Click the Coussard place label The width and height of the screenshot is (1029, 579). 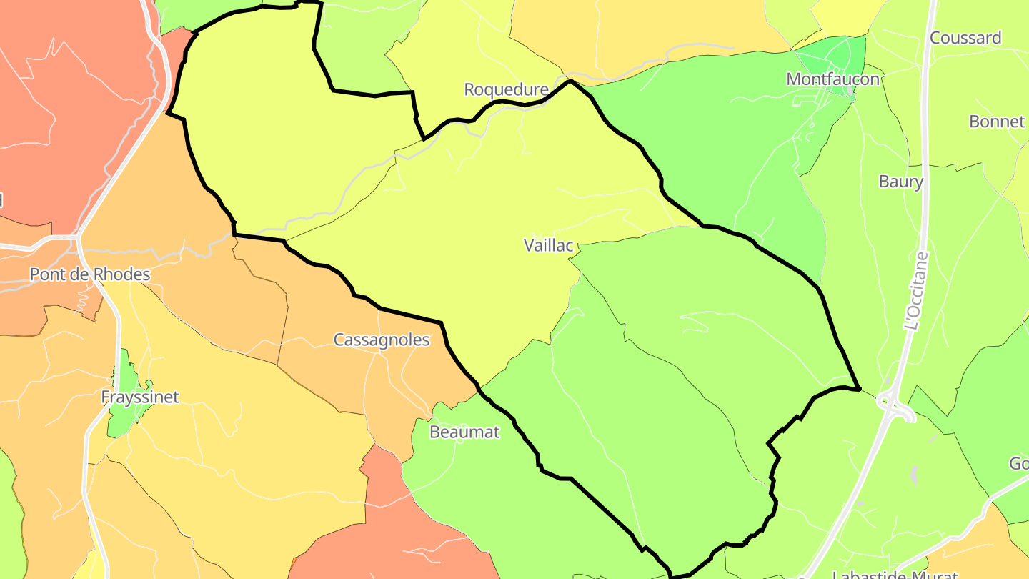click(965, 38)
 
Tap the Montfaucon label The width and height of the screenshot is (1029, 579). click(832, 79)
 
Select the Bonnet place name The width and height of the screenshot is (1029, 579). click(997, 122)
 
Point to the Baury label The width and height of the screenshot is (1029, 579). click(900, 182)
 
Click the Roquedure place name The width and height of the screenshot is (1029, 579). click(506, 89)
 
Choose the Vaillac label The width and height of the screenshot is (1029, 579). click(548, 246)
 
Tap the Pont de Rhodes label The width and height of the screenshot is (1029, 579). click(90, 274)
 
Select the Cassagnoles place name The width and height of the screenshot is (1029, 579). click(382, 340)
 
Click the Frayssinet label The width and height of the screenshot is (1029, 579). click(139, 397)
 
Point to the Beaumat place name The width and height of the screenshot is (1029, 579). click(464, 432)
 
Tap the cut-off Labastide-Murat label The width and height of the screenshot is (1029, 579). click(895, 574)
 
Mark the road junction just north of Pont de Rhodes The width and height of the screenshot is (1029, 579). click(77, 237)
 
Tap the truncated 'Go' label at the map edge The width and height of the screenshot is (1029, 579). click(1018, 464)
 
